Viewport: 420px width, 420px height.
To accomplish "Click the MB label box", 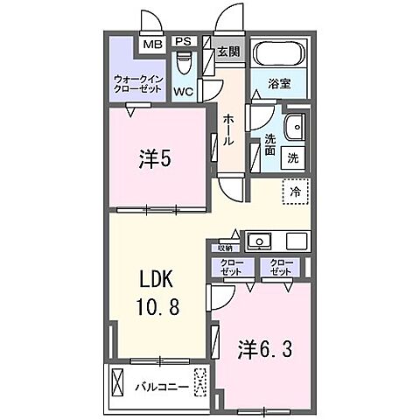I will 151,44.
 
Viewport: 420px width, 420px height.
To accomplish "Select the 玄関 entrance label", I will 229,50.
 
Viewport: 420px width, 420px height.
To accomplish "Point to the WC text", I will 184,91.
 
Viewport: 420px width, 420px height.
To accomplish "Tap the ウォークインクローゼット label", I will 137,84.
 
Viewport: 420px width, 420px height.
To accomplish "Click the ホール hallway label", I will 227,128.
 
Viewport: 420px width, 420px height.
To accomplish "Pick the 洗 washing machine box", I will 293,158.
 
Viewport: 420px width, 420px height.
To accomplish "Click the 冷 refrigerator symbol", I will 295,190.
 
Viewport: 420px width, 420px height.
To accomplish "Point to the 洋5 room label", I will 155,159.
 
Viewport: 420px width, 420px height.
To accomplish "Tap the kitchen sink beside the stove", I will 260,241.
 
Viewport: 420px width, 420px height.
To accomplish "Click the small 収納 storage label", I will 226,248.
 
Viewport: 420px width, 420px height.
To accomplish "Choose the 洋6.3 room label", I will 263,349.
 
